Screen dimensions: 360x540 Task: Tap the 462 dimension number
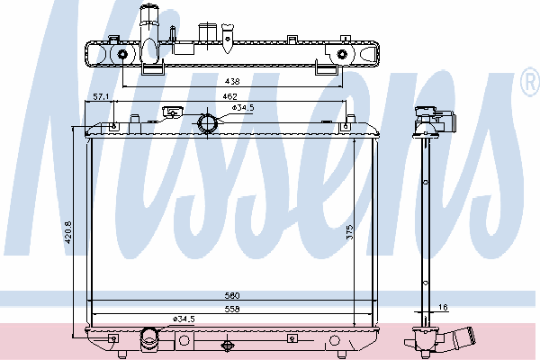(230, 95)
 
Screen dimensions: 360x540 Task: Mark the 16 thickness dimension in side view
(442, 308)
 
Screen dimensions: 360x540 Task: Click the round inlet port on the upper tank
(208, 122)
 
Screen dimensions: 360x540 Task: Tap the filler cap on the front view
(169, 113)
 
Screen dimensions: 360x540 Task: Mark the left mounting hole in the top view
(121, 55)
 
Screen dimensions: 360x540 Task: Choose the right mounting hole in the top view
(342, 55)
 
